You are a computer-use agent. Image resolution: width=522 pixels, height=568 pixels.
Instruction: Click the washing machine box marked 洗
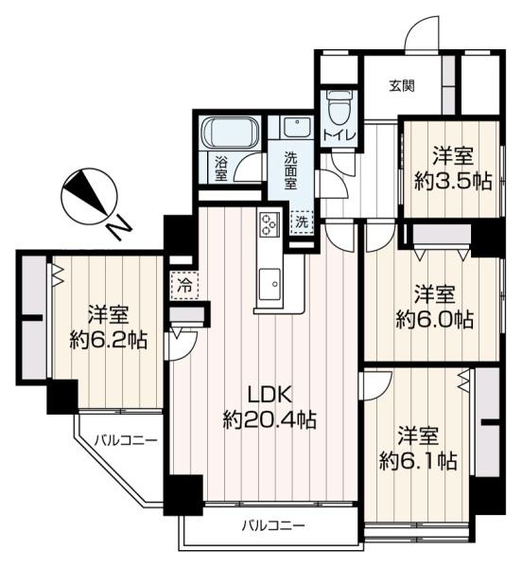[x=301, y=221]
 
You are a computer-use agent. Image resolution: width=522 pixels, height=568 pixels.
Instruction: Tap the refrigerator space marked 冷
[x=181, y=282]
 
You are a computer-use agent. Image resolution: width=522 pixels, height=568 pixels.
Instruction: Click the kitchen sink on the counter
[x=270, y=282]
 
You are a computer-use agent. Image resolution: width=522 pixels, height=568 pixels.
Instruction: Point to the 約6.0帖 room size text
[x=434, y=319]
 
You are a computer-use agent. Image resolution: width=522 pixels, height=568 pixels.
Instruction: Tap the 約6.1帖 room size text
[x=418, y=461]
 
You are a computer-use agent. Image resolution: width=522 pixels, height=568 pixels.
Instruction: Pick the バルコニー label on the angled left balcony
[x=126, y=439]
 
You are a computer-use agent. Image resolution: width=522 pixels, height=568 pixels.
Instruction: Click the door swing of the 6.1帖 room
[x=374, y=384]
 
